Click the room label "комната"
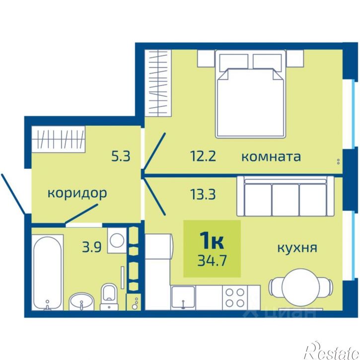click(271, 157)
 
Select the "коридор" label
click(77, 193)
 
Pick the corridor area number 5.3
click(121, 157)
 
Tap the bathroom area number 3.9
click(93, 247)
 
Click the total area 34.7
click(212, 260)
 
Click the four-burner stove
click(234, 297)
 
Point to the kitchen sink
click(183, 297)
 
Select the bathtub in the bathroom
click(48, 271)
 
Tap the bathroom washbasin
click(81, 300)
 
